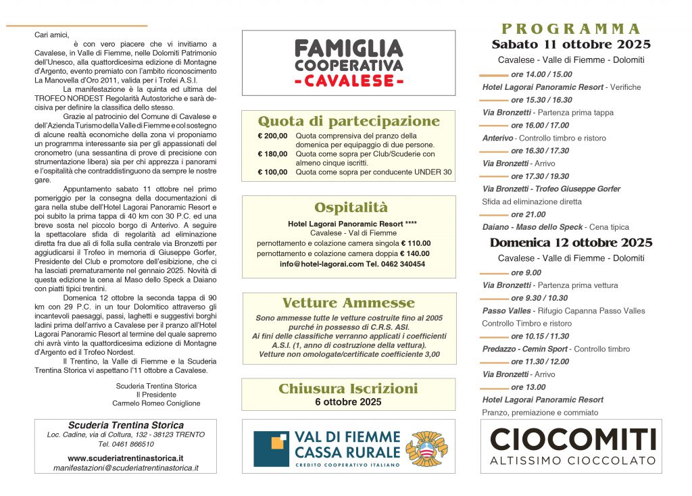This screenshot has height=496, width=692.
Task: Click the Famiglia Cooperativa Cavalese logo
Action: (x=349, y=63)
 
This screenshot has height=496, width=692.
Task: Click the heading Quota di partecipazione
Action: (x=349, y=122)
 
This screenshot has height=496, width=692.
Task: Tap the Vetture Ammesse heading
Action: (x=349, y=303)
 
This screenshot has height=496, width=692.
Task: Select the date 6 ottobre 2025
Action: (x=348, y=402)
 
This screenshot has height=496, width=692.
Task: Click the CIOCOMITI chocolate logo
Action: (x=572, y=445)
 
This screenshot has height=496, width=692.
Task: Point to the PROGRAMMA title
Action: (x=571, y=28)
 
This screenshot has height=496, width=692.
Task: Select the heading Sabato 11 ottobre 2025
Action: (x=571, y=45)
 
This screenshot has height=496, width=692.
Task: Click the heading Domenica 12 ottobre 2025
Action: (x=571, y=243)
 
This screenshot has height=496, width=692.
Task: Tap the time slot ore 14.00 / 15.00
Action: (x=541, y=74)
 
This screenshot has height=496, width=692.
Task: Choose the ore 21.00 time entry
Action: (x=528, y=214)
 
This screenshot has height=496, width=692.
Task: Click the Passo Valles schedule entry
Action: (x=564, y=311)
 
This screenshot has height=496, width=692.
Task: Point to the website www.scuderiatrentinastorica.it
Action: (x=126, y=457)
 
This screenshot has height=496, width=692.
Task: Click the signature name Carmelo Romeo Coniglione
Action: (x=156, y=403)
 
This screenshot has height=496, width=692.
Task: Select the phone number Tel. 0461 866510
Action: (x=126, y=444)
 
